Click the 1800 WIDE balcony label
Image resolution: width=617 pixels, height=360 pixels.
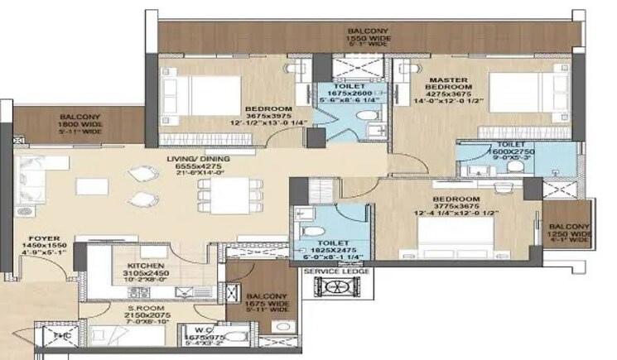[80, 123]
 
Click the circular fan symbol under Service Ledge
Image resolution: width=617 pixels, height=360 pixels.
[337, 287]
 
